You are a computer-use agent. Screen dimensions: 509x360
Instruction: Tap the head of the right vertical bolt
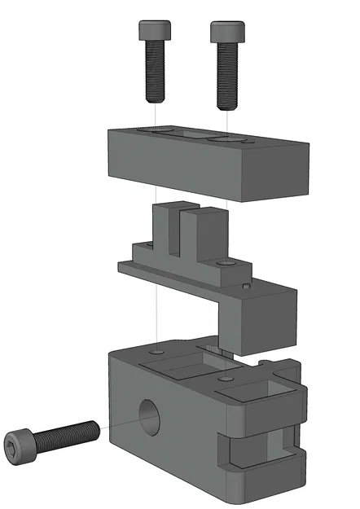click(x=226, y=32)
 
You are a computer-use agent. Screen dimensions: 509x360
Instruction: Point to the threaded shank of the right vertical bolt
click(x=227, y=77)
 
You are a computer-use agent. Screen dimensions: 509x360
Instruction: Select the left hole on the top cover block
click(x=157, y=129)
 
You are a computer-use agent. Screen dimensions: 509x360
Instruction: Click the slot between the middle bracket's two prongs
click(x=183, y=228)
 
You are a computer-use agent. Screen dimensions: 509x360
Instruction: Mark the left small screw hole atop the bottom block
click(x=156, y=353)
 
